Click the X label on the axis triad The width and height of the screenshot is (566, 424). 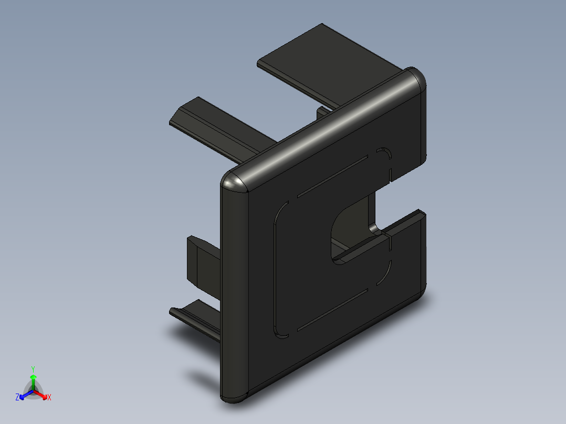49,398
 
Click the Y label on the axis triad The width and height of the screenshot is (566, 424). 33,369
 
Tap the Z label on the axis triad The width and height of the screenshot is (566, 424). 17,397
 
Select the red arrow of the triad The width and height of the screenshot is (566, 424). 42,394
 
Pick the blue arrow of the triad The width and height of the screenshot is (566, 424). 24,394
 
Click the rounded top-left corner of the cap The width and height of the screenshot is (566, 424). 234,181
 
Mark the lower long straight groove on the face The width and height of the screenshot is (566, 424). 331,310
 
